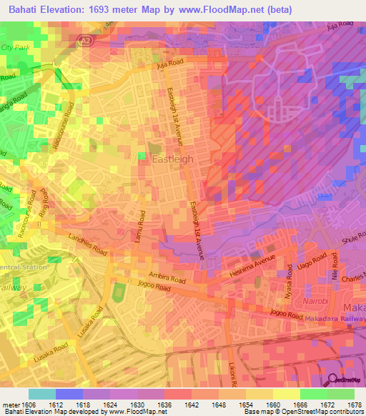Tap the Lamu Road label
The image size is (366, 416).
(141, 227)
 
